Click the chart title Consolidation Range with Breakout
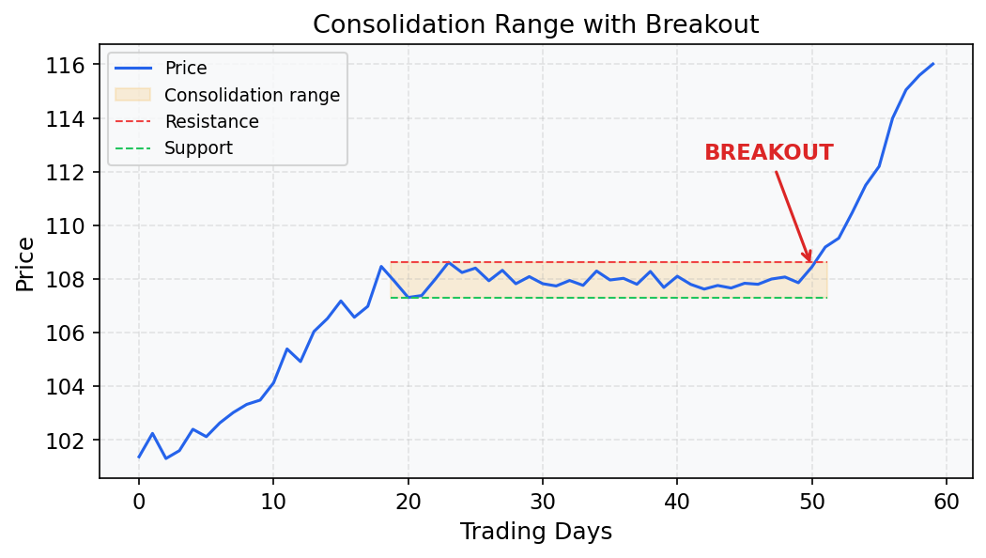(x=535, y=24)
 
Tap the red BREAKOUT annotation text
(x=768, y=153)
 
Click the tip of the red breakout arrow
(x=810, y=263)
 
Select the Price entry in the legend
(x=185, y=69)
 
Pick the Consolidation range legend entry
(x=252, y=95)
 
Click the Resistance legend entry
(x=211, y=122)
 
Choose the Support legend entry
(x=198, y=148)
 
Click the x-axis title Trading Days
(x=535, y=533)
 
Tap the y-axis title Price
(x=25, y=264)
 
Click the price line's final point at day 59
(x=932, y=64)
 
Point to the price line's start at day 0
(x=139, y=457)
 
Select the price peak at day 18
(x=381, y=266)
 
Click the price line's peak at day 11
(x=287, y=349)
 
